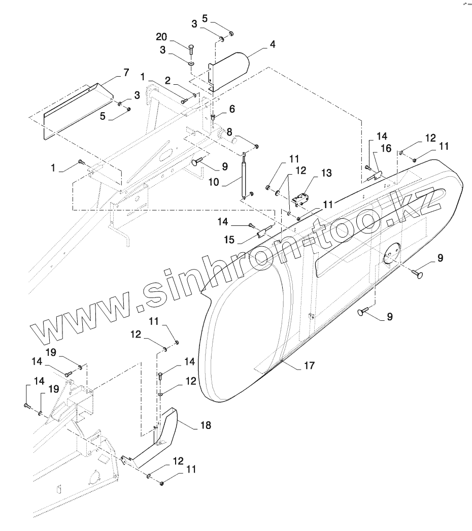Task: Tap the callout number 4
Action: click(x=273, y=45)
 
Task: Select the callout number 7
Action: click(x=126, y=73)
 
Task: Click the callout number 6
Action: click(x=232, y=109)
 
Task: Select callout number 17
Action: click(x=309, y=365)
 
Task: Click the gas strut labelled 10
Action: click(x=246, y=176)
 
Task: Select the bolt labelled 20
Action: click(x=190, y=49)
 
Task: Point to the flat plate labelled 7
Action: click(x=76, y=109)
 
